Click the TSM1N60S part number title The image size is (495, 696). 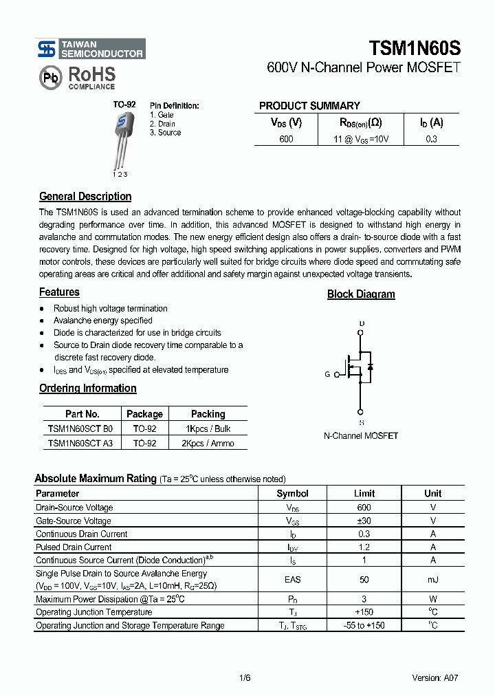pyautogui.click(x=415, y=48)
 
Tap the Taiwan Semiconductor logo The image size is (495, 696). pyautogui.click(x=91, y=49)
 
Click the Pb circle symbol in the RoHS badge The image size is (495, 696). pyautogui.click(x=51, y=78)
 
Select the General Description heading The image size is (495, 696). pyautogui.click(x=85, y=197)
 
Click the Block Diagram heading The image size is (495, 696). pyautogui.click(x=361, y=294)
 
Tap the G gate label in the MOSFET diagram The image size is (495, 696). pyautogui.click(x=327, y=374)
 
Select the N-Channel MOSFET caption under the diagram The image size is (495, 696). pyautogui.click(x=361, y=436)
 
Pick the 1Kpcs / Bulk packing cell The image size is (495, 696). pyautogui.click(x=208, y=428)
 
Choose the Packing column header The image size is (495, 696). pyautogui.click(x=208, y=414)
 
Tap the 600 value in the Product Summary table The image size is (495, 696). pyautogui.click(x=286, y=139)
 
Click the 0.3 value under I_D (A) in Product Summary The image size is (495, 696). pyautogui.click(x=431, y=139)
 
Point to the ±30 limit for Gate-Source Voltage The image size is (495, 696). pyautogui.click(x=364, y=521)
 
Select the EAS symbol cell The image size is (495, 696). pyautogui.click(x=292, y=580)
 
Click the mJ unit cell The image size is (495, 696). pyautogui.click(x=432, y=580)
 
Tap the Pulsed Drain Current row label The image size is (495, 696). pyautogui.click(x=74, y=547)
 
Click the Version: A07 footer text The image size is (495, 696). pyautogui.click(x=434, y=677)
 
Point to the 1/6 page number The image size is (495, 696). pyautogui.click(x=245, y=677)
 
